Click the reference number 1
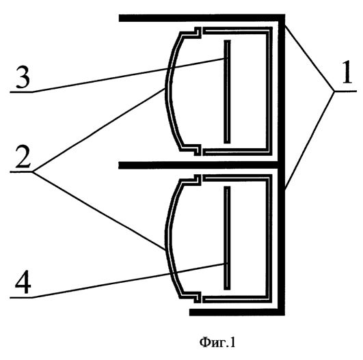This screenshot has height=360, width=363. (x=347, y=72)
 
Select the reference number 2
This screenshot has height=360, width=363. (x=23, y=156)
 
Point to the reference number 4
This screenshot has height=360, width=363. (x=23, y=282)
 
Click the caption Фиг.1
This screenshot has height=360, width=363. (x=217, y=342)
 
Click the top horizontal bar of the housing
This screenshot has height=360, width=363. (x=202, y=18)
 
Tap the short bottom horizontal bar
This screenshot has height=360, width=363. (x=237, y=312)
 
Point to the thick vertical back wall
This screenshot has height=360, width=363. (x=281, y=165)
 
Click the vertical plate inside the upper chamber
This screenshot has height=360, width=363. (x=227, y=92)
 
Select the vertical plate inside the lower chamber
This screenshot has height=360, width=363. (x=227, y=238)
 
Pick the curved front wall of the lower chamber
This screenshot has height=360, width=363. (x=169, y=238)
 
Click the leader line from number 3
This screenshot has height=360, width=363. (x=129, y=75)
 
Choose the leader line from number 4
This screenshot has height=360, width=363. (x=129, y=280)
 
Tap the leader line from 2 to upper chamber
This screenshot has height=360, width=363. (x=98, y=130)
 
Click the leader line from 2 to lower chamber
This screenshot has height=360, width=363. (x=98, y=210)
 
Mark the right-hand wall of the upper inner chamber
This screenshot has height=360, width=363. (x=269, y=91)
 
